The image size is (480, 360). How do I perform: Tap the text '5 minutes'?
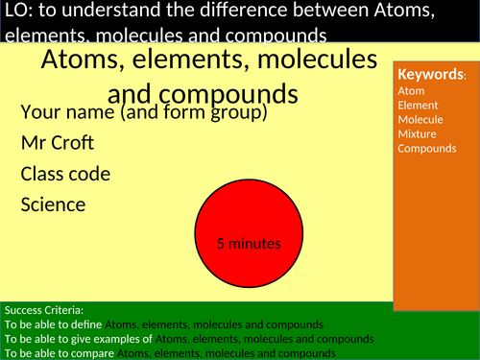pyautogui.click(x=249, y=244)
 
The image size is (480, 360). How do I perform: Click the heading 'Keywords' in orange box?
pyautogui.click(x=431, y=75)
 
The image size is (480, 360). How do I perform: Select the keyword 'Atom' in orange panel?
pyautogui.click(x=410, y=90)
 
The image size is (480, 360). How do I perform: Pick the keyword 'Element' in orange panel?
pyautogui.click(x=418, y=105)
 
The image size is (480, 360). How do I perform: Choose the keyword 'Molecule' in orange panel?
pyautogui.click(x=420, y=119)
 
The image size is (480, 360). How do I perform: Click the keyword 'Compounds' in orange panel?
pyautogui.click(x=427, y=148)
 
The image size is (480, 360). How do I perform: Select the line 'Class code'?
pyautogui.click(x=65, y=174)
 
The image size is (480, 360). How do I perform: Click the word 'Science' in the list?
pyautogui.click(x=54, y=204)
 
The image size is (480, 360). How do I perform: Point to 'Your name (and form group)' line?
pyautogui.click(x=144, y=112)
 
